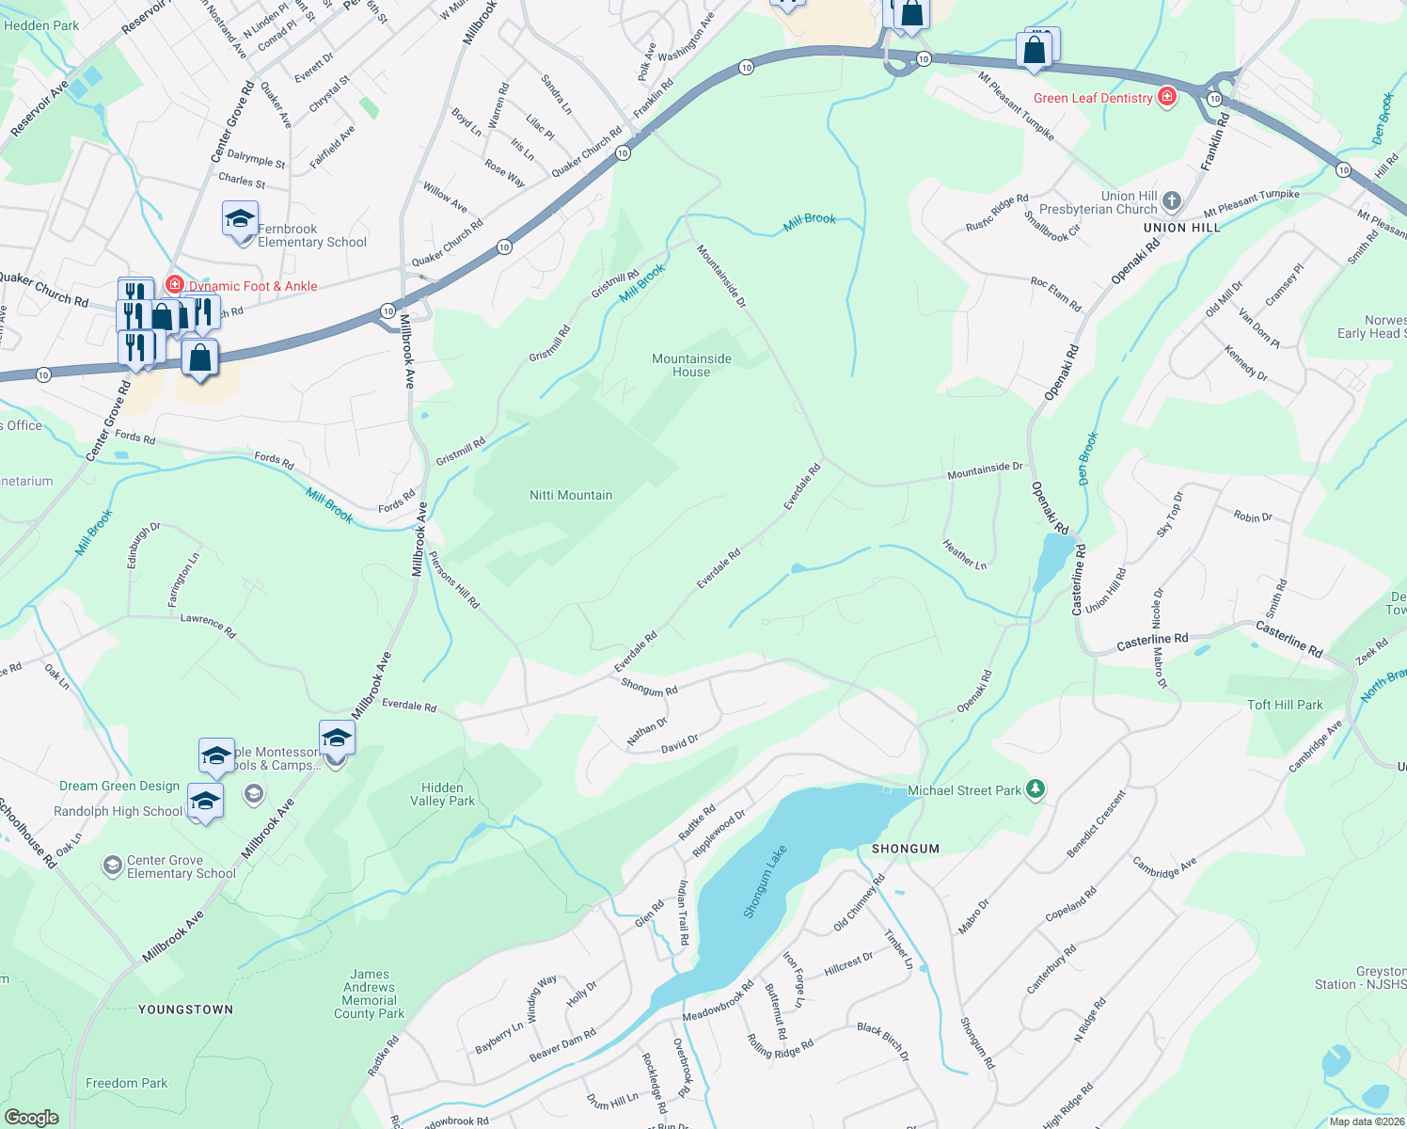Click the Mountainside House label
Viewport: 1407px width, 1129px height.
pyautogui.click(x=691, y=365)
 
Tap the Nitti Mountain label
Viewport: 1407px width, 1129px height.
pyautogui.click(x=571, y=495)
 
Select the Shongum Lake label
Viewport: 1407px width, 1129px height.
pyautogui.click(x=765, y=882)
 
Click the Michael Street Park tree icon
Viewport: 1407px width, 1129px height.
pyautogui.click(x=1035, y=789)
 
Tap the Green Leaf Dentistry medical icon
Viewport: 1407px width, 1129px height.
pyautogui.click(x=1167, y=97)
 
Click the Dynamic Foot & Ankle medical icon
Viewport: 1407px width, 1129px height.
pyautogui.click(x=174, y=284)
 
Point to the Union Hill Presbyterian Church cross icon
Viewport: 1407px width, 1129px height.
pyautogui.click(x=1171, y=200)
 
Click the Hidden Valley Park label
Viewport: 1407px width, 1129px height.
pyautogui.click(x=442, y=794)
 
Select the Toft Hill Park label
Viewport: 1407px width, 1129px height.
pyautogui.click(x=1285, y=705)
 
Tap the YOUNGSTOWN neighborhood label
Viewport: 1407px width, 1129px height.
pyautogui.click(x=185, y=1010)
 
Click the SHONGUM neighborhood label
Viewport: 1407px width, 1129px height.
pyautogui.click(x=906, y=849)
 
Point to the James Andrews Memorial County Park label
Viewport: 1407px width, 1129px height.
pyautogui.click(x=369, y=994)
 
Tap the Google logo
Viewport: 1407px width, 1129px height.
pyautogui.click(x=31, y=1117)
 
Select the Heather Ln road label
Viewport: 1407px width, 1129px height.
pyautogui.click(x=965, y=554)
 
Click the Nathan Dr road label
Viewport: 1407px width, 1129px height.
pyautogui.click(x=647, y=731)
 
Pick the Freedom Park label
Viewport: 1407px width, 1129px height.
pyautogui.click(x=126, y=1083)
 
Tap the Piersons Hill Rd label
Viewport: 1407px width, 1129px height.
pyautogui.click(x=454, y=580)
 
